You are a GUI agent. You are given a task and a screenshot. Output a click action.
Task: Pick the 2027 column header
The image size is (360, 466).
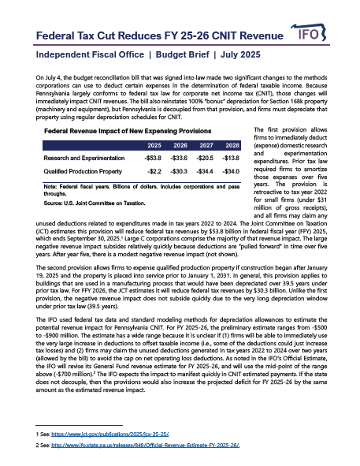tap(206, 146)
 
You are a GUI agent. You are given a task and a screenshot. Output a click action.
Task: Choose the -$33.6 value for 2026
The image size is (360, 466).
tap(179, 158)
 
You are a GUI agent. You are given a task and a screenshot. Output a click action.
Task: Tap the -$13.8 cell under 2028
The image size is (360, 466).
tap(232, 158)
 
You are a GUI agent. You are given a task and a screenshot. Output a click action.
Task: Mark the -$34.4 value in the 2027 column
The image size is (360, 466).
tap(206, 170)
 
